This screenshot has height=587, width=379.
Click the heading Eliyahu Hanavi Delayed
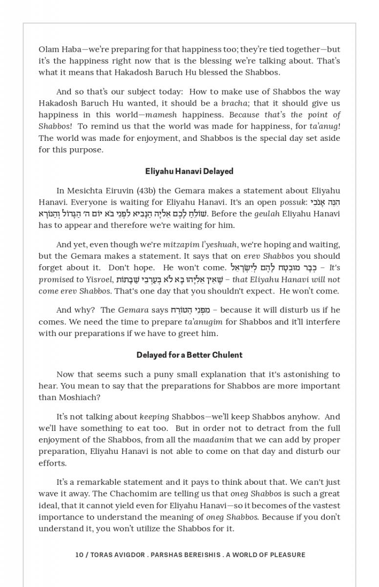(189, 171)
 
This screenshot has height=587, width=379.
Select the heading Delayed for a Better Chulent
(189, 355)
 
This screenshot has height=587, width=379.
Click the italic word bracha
(234, 103)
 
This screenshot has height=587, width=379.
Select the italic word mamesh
(161, 115)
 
